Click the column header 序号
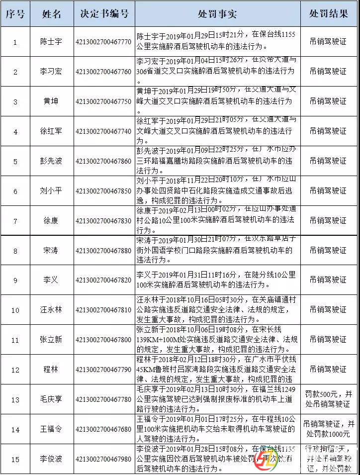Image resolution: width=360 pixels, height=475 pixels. (x=15, y=14)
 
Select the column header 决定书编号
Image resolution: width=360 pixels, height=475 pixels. (x=104, y=14)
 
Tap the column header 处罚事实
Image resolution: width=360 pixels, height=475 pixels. (x=217, y=14)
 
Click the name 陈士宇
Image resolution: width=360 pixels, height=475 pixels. (x=51, y=42)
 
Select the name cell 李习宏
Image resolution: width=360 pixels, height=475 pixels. (x=51, y=72)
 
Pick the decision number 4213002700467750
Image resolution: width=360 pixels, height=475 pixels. (x=104, y=101)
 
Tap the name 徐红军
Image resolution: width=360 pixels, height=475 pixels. (x=51, y=131)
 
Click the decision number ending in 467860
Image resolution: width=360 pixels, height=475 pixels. (x=104, y=161)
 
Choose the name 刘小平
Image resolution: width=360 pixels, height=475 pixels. (x=51, y=191)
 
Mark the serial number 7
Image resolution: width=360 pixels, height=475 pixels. (x=15, y=221)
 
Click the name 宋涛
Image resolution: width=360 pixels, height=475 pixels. (x=51, y=251)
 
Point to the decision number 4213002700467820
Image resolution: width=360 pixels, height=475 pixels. (x=104, y=281)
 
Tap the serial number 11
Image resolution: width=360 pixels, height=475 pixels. (x=15, y=340)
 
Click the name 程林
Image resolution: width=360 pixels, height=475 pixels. (x=51, y=370)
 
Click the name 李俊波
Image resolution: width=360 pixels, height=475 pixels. (x=51, y=459)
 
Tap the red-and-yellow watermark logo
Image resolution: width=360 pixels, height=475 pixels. (x=267, y=462)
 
